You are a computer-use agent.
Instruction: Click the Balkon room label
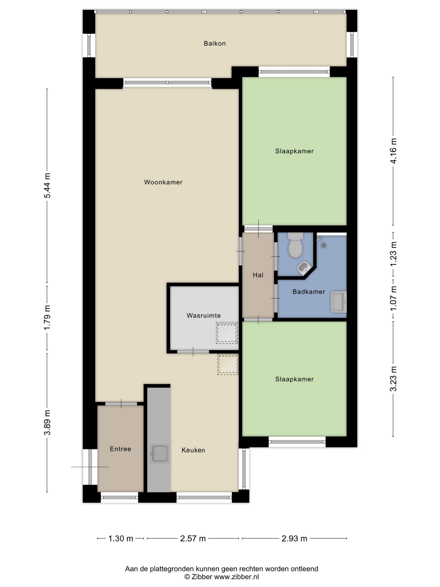coord(214,43)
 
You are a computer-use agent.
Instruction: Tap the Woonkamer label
coord(163,182)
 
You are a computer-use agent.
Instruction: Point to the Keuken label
coord(193,450)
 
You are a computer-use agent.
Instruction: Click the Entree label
coord(120,449)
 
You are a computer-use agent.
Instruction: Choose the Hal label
coord(258,275)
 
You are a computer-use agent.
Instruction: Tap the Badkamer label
coord(309,292)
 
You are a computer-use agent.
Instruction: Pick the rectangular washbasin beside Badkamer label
coord(339,302)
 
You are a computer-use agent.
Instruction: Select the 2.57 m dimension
coord(193,538)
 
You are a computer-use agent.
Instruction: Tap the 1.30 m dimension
coord(121,538)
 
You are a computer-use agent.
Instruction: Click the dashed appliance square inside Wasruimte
coord(227,333)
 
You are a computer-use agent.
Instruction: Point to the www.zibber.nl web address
coord(236,576)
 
